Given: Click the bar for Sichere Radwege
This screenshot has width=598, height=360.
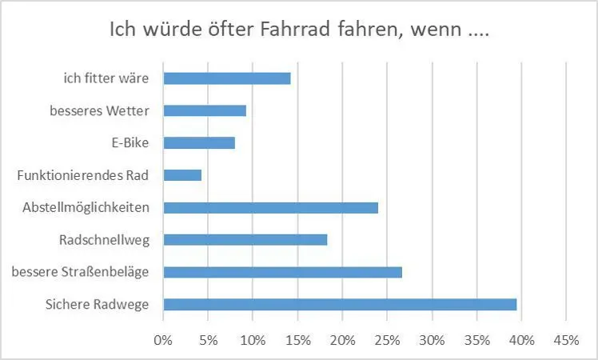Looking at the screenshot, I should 340,304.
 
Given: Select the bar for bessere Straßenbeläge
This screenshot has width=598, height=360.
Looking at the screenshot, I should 282,272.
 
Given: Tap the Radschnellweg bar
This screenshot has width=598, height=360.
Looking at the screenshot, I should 245,239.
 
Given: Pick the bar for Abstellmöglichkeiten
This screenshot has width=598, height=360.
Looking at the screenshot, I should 270,207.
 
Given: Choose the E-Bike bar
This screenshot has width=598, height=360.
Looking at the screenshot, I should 199,142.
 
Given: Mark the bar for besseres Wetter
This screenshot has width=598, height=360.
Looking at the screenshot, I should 205,110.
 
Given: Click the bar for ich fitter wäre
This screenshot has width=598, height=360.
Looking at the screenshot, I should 227,78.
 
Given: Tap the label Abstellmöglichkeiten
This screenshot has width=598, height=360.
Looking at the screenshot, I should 86,207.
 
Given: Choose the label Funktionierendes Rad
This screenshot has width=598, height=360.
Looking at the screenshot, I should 83,174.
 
